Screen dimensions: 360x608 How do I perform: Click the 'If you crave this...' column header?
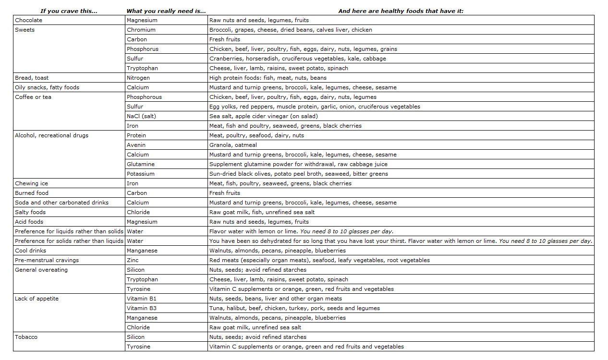(x=69, y=11)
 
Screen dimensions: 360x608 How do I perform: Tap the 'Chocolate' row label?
(x=28, y=20)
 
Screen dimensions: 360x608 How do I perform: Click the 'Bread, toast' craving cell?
(x=32, y=78)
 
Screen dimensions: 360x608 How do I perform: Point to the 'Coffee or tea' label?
(x=33, y=97)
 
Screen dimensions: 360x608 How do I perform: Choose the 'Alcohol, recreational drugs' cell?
(x=51, y=135)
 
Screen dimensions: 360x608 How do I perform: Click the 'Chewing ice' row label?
(x=31, y=183)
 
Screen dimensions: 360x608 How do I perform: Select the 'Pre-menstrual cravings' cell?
(x=47, y=260)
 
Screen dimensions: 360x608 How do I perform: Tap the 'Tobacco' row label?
(x=26, y=337)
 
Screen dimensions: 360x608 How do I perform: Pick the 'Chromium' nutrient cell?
(x=141, y=30)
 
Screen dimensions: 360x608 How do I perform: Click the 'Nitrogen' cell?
(x=138, y=78)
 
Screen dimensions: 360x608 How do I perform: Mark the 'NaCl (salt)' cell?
(x=141, y=116)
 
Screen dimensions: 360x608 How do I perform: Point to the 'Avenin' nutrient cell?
(x=136, y=145)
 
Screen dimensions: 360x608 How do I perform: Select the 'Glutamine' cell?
(x=140, y=164)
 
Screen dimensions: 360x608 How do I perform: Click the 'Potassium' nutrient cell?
(x=140, y=174)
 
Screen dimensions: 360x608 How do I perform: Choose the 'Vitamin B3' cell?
(x=142, y=308)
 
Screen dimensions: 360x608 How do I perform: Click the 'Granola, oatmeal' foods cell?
(x=233, y=145)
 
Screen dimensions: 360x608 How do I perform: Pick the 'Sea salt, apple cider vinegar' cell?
(x=263, y=116)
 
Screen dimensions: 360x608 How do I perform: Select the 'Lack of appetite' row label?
(x=36, y=299)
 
